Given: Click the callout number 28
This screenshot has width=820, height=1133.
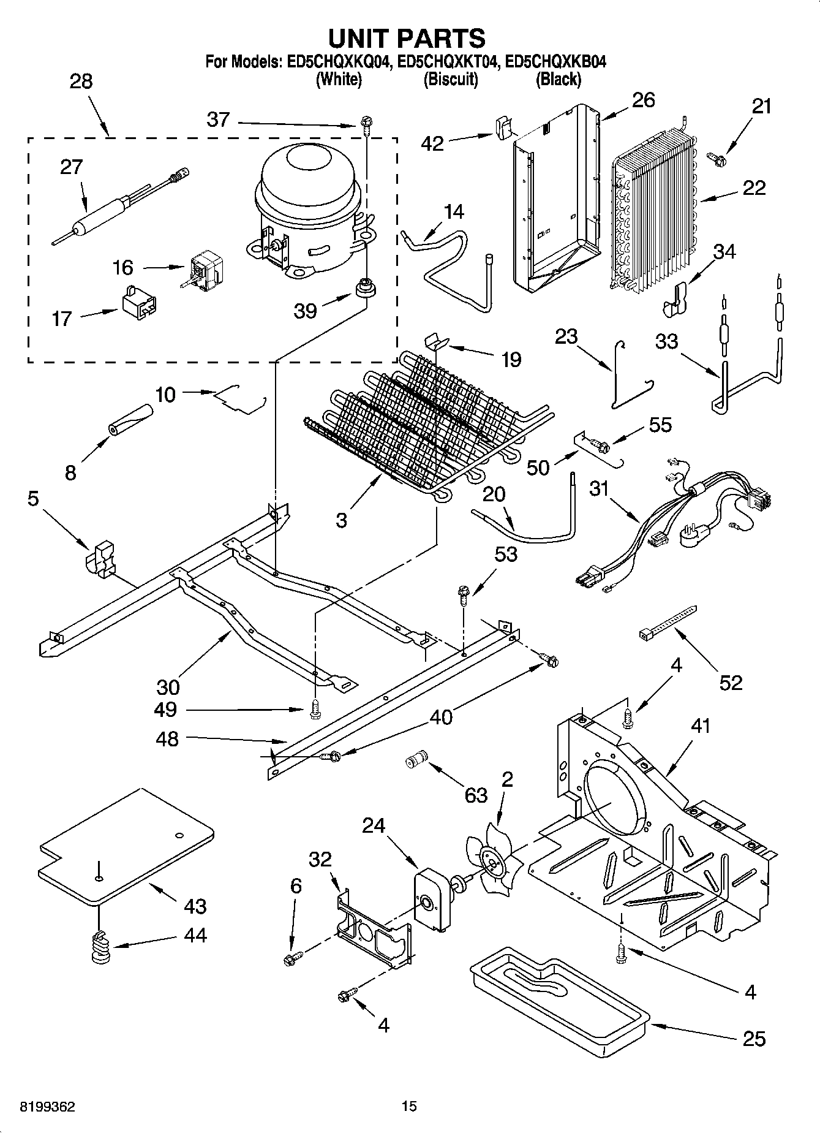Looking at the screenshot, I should tap(81, 81).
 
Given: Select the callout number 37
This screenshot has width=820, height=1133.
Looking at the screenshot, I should tap(219, 119).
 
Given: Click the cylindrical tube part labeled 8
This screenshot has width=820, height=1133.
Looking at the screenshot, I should tap(129, 419).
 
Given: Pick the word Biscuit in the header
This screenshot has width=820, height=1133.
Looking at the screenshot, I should tap(450, 80).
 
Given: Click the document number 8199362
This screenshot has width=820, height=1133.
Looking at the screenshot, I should tap(48, 1107).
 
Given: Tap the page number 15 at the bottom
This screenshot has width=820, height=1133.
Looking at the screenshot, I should tap(409, 1107).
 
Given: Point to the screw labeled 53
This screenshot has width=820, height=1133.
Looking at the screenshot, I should tap(464, 595).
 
